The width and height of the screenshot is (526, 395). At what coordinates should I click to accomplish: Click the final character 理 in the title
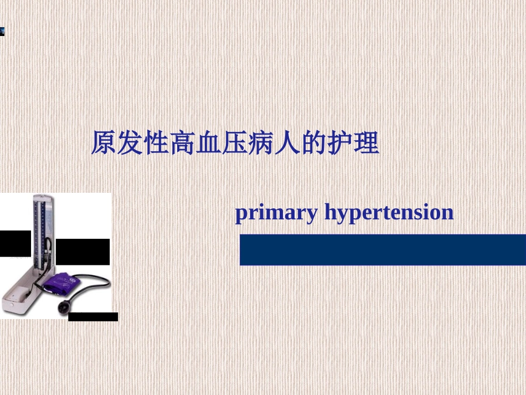[x=366, y=143]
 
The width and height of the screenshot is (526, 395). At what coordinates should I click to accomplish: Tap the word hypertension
[x=389, y=213]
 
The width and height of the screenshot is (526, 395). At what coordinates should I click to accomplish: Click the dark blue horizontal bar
[x=382, y=250]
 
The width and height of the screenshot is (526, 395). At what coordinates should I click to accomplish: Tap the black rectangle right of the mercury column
[x=82, y=252]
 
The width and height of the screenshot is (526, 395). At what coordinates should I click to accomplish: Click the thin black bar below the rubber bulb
[x=92, y=317]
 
